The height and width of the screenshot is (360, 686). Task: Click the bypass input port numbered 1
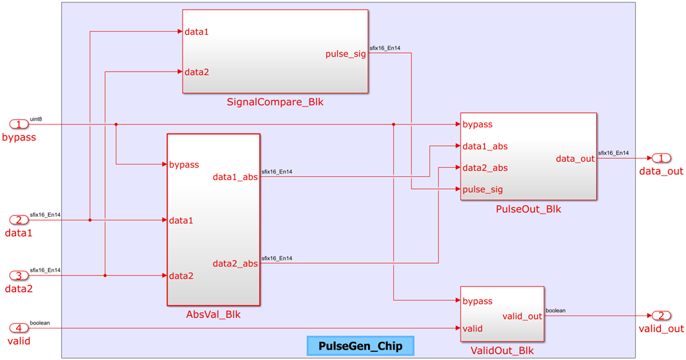click(x=19, y=124)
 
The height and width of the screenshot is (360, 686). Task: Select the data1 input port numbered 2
click(x=19, y=220)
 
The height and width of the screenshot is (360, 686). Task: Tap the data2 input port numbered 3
click(x=19, y=275)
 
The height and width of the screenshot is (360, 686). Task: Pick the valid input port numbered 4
click(x=19, y=328)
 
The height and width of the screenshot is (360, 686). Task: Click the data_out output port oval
click(x=661, y=158)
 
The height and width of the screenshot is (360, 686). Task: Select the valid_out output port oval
click(x=661, y=315)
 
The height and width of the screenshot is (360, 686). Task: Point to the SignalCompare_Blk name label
click(x=275, y=102)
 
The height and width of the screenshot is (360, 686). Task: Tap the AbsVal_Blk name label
click(x=213, y=315)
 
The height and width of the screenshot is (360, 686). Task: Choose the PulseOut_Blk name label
click(x=528, y=209)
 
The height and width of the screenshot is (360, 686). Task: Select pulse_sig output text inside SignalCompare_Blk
click(x=346, y=54)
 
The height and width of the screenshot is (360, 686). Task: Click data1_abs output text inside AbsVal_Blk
click(x=235, y=177)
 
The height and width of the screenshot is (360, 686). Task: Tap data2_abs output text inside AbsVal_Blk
click(x=235, y=263)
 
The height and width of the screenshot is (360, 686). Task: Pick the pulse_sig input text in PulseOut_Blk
click(x=483, y=190)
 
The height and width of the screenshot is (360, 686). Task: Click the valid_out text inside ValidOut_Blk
click(x=522, y=316)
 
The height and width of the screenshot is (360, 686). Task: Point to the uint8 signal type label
click(x=36, y=119)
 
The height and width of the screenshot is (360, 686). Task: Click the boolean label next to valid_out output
click(x=555, y=310)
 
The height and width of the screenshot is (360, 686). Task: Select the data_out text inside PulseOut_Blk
click(x=574, y=159)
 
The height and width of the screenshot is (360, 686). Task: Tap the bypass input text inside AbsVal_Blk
click(x=184, y=165)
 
